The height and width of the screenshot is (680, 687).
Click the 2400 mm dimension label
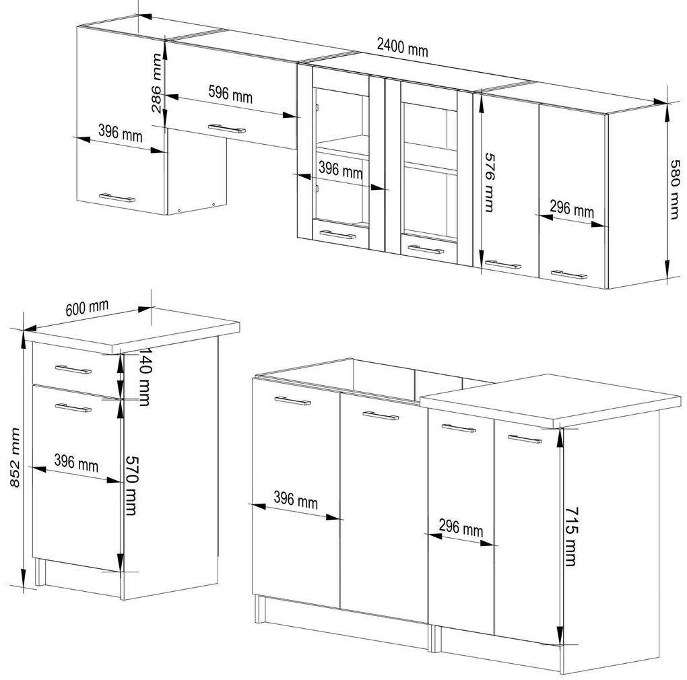point(402,47)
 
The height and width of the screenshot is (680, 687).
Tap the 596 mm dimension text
point(230,94)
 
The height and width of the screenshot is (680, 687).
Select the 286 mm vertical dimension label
point(157,83)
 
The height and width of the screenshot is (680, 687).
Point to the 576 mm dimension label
point(490,182)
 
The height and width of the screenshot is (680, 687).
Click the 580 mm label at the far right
point(675,189)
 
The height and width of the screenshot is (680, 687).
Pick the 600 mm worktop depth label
point(87,308)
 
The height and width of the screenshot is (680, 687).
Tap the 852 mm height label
point(14,458)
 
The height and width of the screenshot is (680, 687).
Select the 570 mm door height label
point(131,485)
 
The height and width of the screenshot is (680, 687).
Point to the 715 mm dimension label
point(571,537)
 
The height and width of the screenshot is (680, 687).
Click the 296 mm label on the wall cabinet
point(572,209)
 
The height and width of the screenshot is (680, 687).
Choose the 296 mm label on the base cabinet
point(461,528)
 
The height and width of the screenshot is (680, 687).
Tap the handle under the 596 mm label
point(227,129)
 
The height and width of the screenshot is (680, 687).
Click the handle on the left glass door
point(338,234)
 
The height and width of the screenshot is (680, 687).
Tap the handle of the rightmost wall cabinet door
point(569,275)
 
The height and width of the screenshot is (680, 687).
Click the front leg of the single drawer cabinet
point(40,572)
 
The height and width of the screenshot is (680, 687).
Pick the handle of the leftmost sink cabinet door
point(293,400)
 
